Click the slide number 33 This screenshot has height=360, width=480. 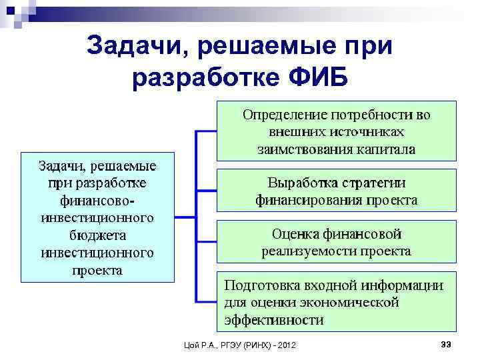pyautogui.click(x=447, y=343)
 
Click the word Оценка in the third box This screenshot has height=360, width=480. pyautogui.click(x=295, y=234)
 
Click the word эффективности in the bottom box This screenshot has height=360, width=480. pyautogui.click(x=274, y=320)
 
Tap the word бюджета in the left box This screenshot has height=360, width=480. pyautogui.click(x=97, y=235)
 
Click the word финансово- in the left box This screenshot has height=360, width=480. pyautogui.click(x=97, y=200)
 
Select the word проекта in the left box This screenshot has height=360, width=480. pyautogui.click(x=97, y=270)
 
